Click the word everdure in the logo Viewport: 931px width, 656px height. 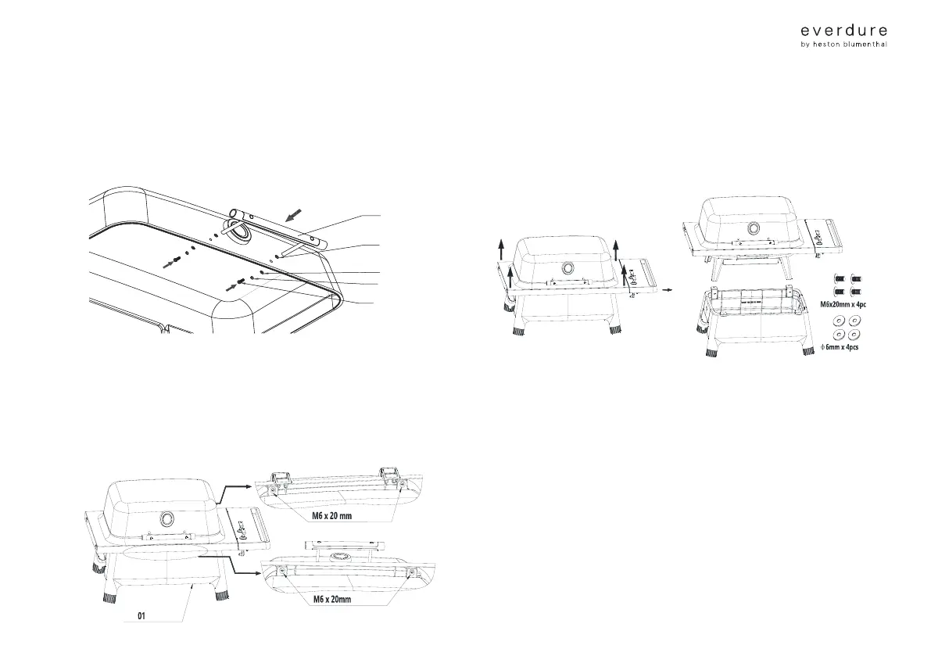tap(844, 30)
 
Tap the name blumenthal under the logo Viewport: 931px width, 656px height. tap(864, 45)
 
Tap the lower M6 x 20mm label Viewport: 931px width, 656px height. tap(329, 600)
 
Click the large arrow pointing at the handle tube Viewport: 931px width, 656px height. tap(297, 213)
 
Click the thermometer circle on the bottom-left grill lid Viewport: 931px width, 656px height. tap(168, 521)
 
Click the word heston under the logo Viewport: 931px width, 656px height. tap(830, 45)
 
